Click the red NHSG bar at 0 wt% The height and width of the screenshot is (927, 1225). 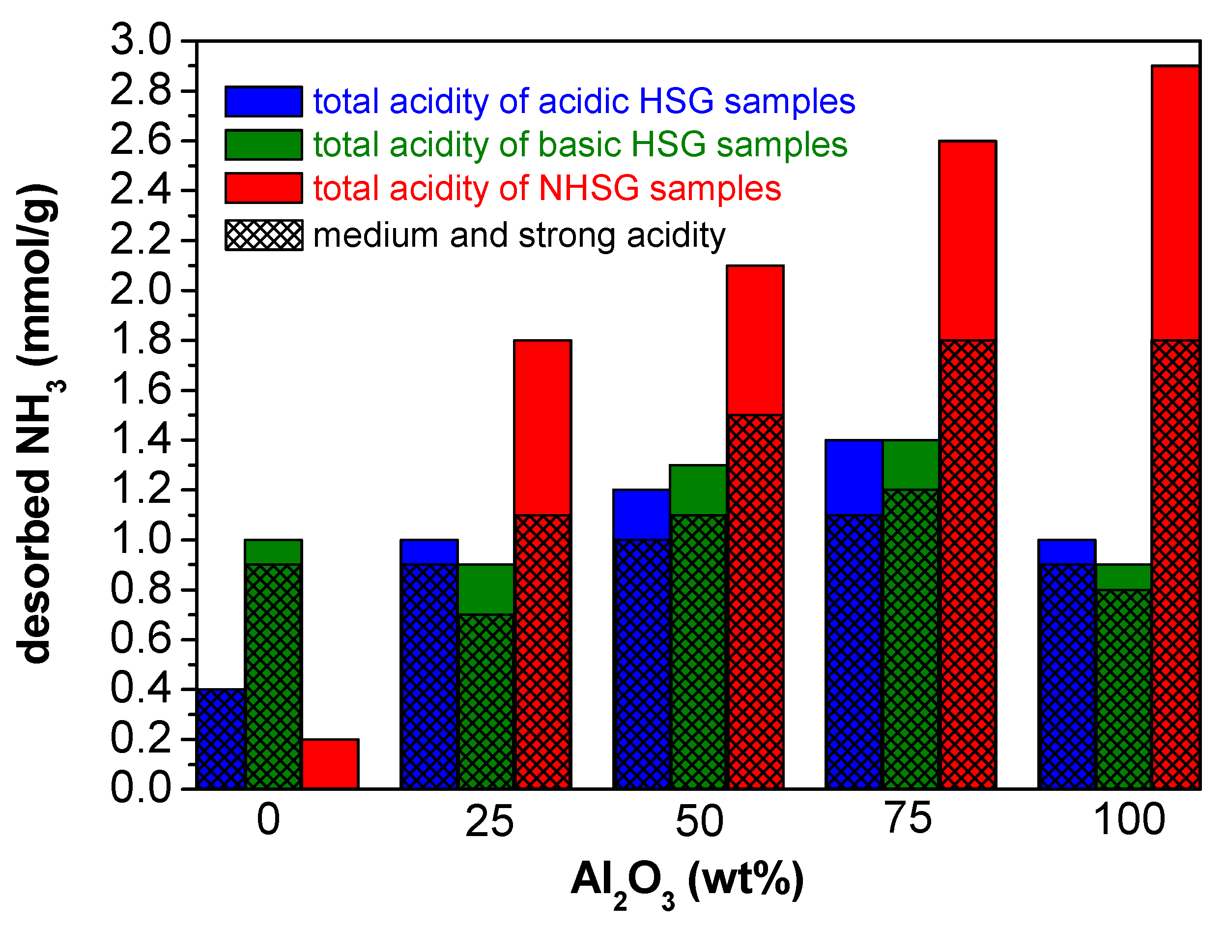pos(331,763)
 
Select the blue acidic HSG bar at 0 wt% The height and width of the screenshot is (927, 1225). pos(221,739)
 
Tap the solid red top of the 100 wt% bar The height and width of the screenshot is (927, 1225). pos(1175,203)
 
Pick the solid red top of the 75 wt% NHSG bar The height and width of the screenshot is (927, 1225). pos(968,240)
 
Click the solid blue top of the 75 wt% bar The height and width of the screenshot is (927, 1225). pos(854,478)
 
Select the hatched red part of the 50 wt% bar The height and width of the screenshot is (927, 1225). pos(755,602)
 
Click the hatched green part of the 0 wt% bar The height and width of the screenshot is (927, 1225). pos(274,676)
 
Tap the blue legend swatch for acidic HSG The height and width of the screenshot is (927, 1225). pos(263,101)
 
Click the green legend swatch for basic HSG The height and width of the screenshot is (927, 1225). pos(263,145)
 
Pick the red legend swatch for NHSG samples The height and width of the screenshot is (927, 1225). pos(263,188)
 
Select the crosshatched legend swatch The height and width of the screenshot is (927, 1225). pos(263,235)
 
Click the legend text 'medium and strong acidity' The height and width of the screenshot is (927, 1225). pos(519,235)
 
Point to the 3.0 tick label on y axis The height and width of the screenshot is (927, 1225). pos(141,40)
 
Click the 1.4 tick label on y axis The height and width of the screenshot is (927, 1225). pos(141,440)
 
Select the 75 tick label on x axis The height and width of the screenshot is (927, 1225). pos(908,819)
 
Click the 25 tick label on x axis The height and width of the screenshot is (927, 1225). pos(489,821)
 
